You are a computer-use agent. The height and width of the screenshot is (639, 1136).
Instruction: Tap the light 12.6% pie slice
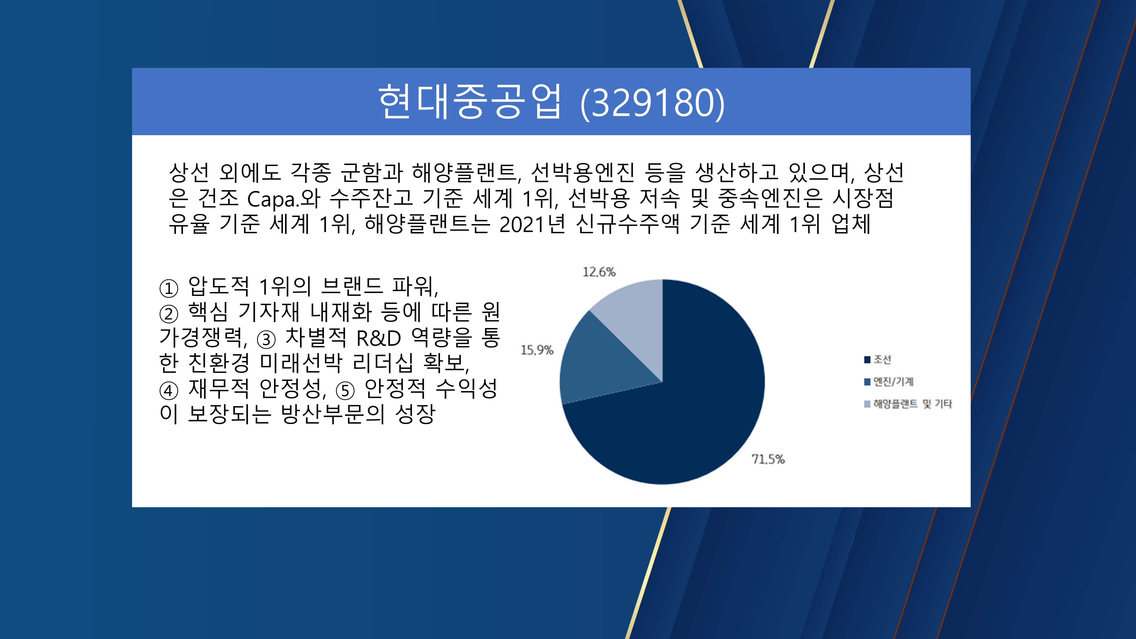click(635, 318)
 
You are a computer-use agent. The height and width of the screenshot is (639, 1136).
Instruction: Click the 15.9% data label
click(537, 350)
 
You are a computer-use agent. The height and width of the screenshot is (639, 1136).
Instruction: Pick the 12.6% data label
click(599, 272)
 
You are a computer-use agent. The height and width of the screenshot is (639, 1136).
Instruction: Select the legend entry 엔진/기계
click(889, 381)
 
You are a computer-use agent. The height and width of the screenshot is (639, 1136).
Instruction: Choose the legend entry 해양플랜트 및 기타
click(908, 404)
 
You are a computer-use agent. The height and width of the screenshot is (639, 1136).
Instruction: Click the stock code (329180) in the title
click(652, 103)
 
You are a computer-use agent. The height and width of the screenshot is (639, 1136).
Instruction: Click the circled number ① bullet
click(168, 289)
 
